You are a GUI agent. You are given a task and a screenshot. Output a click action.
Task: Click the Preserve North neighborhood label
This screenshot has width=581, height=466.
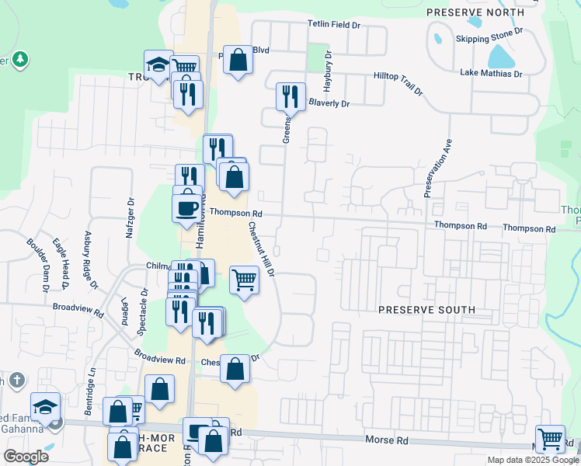pyautogui.click(x=475, y=12)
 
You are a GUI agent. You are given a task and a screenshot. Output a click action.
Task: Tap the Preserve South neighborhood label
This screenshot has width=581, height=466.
pyautogui.click(x=426, y=310)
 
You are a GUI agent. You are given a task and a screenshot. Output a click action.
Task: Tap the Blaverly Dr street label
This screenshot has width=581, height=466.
pyautogui.click(x=329, y=103)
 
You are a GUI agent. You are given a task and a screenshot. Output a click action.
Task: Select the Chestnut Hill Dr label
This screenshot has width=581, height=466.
pyautogui.click(x=261, y=249)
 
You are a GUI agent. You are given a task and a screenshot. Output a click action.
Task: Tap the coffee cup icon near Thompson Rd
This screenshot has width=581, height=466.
pyautogui.click(x=187, y=209)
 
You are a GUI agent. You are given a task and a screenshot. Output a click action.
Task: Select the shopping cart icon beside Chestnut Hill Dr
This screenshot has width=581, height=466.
pyautogui.click(x=244, y=279)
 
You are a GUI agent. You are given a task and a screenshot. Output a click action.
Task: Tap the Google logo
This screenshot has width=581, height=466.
pyautogui.click(x=26, y=456)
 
